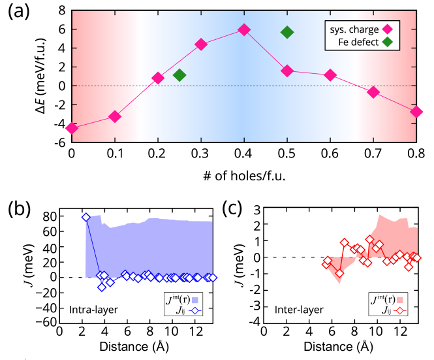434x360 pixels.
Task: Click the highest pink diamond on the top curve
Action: click(x=244, y=29)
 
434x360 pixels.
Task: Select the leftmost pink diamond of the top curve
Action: click(x=72, y=128)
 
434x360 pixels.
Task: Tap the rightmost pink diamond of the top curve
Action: click(x=416, y=112)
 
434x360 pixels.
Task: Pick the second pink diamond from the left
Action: click(x=115, y=116)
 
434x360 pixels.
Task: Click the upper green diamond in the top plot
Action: click(x=287, y=32)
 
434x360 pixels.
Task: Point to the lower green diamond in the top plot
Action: click(x=179, y=75)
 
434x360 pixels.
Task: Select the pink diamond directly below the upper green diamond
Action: click(x=287, y=71)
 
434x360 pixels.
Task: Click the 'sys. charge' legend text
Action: click(x=355, y=29)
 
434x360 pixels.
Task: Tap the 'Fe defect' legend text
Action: click(x=358, y=42)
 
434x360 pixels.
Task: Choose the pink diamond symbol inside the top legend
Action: click(x=388, y=29)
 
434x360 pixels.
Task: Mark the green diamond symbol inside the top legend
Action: click(x=388, y=42)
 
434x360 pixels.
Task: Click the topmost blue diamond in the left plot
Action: click(x=85, y=217)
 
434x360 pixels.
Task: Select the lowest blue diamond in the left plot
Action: click(x=101, y=287)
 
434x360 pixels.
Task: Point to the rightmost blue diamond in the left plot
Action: click(x=213, y=278)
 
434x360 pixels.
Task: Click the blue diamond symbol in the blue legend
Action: click(x=194, y=311)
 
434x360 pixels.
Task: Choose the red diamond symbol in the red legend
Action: click(x=400, y=311)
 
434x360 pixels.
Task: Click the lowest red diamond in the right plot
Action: click(x=339, y=273)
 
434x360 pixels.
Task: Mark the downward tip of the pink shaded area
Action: click(x=339, y=284)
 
